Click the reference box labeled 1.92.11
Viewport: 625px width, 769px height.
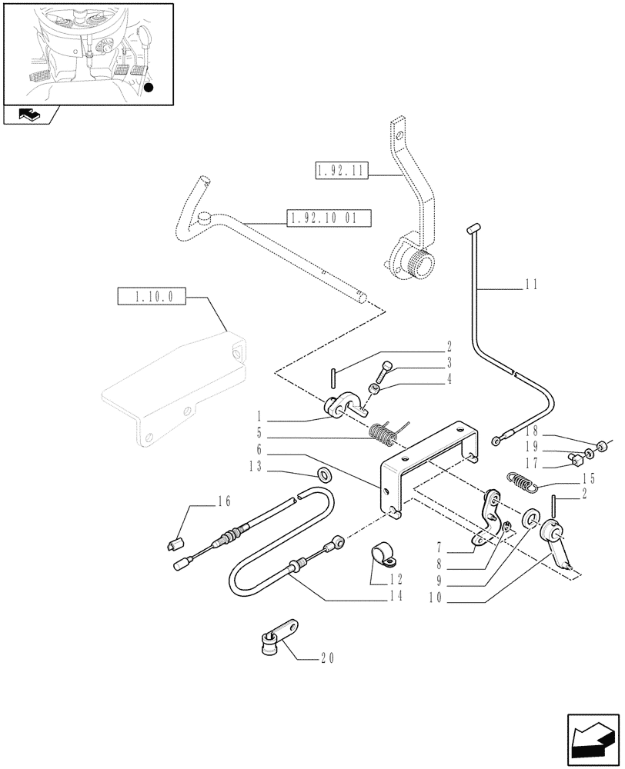pyautogui.click(x=342, y=171)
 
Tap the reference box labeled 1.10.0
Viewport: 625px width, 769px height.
pyautogui.click(x=152, y=295)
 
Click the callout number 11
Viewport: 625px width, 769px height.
pyautogui.click(x=531, y=284)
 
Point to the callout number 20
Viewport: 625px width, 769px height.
pyautogui.click(x=328, y=658)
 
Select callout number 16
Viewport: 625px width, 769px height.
pyautogui.click(x=224, y=502)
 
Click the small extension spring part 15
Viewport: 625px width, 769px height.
pyautogui.click(x=523, y=481)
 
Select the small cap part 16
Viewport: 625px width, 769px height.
pyautogui.click(x=174, y=545)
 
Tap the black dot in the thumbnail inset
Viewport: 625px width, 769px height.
pyautogui.click(x=149, y=88)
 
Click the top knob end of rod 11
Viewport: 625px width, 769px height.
pyautogui.click(x=473, y=227)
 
